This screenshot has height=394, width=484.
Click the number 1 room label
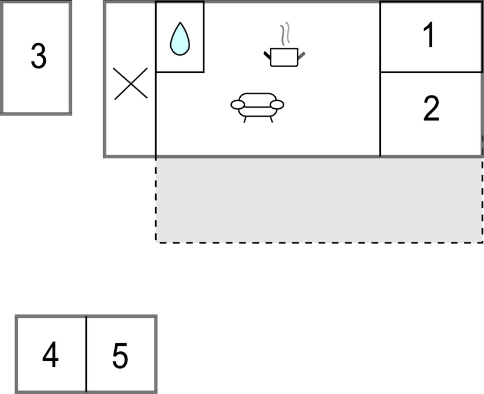pyautogui.click(x=429, y=34)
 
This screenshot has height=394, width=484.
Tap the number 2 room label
pyautogui.click(x=431, y=108)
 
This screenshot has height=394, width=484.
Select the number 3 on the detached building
pyautogui.click(x=39, y=56)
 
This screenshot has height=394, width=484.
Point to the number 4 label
pyautogui.click(x=50, y=355)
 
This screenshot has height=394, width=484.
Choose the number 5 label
pyautogui.click(x=120, y=356)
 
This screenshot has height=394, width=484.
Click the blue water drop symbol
pyautogui.click(x=180, y=39)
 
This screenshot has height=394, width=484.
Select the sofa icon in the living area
pyautogui.click(x=258, y=108)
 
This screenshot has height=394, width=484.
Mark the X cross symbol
pyautogui.click(x=130, y=84)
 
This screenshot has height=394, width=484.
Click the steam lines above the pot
pyautogui.click(x=285, y=33)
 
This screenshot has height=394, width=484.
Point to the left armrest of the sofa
pyautogui.click(x=238, y=105)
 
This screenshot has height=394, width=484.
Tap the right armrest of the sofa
pyautogui.click(x=277, y=105)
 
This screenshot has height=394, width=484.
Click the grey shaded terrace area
pyautogui.click(x=319, y=200)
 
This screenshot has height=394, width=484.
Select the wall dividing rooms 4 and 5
pyautogui.click(x=86, y=354)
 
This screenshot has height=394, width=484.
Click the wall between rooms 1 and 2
pyautogui.click(x=431, y=73)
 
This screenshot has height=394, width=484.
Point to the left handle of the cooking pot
pyautogui.click(x=267, y=56)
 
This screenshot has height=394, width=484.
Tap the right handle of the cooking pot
pyautogui.click(x=301, y=56)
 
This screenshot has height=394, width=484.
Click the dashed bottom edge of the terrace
pyautogui.click(x=319, y=242)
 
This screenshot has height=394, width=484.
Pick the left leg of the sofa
pyautogui.click(x=245, y=120)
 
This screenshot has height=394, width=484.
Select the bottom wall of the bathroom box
pyautogui.click(x=180, y=73)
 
